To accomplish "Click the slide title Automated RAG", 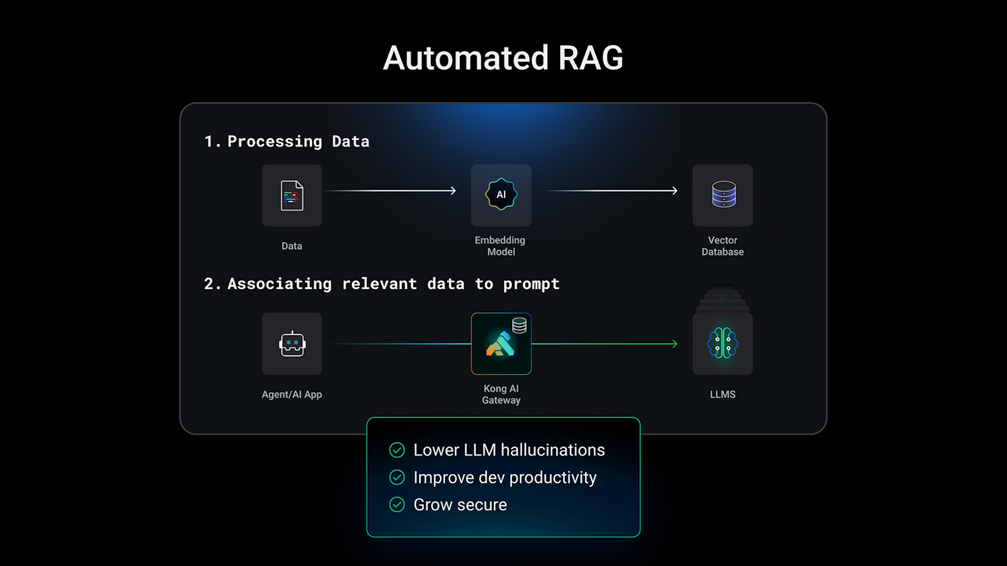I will (x=503, y=58).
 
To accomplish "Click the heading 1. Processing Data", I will (x=287, y=141).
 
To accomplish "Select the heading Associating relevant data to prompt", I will (x=382, y=284).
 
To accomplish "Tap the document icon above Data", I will (x=292, y=195).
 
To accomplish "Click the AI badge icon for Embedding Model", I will (x=501, y=194).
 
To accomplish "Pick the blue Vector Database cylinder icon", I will (x=723, y=194).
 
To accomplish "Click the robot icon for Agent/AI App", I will (x=292, y=344).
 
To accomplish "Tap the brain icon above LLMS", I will (x=723, y=343).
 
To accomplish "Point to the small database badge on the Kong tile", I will (x=519, y=325).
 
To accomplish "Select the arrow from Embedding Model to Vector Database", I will (x=612, y=191).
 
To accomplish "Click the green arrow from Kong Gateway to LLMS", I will (x=604, y=344).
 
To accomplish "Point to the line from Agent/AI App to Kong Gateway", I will (x=399, y=344).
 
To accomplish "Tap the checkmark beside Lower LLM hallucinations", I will (x=397, y=450).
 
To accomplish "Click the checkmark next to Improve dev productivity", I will (x=397, y=478).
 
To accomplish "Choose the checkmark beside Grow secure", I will (x=397, y=505).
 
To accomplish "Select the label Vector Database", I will (x=723, y=246).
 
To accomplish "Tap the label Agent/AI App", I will (x=292, y=394).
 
